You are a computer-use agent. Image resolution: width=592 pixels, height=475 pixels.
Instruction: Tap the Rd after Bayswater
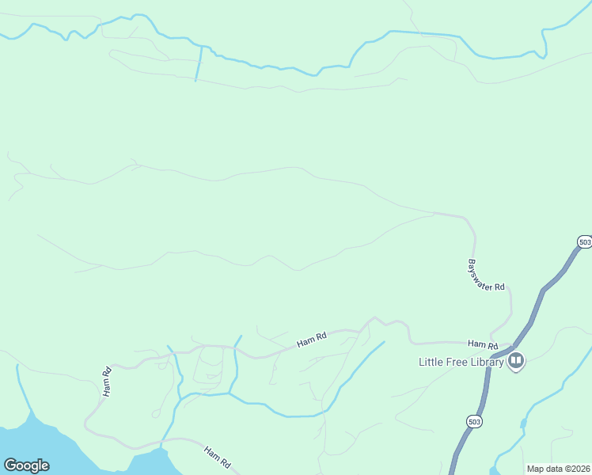click(499, 286)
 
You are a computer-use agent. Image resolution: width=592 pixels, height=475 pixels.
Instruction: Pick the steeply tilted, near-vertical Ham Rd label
click(107, 381)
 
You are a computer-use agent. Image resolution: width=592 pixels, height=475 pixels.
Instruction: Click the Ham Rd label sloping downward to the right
click(217, 457)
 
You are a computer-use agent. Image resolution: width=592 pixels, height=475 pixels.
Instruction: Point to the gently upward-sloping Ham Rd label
click(312, 340)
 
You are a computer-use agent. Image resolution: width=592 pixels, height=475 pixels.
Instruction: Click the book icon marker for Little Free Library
click(516, 362)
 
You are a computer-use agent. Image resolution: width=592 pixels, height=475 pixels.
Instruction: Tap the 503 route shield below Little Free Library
click(474, 421)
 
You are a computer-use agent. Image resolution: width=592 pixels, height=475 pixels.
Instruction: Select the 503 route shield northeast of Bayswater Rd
click(584, 241)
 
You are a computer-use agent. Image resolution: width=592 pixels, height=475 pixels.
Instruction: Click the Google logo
click(26, 465)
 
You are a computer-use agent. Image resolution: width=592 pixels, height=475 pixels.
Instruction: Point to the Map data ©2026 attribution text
click(558, 469)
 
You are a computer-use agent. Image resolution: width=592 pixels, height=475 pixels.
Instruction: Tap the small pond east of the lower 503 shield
click(523, 424)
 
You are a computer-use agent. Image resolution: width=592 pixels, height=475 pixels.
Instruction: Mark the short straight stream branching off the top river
click(199, 64)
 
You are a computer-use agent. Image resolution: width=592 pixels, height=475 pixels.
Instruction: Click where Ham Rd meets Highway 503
click(511, 348)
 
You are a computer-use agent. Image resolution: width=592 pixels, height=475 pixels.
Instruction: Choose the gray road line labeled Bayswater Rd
click(473, 237)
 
